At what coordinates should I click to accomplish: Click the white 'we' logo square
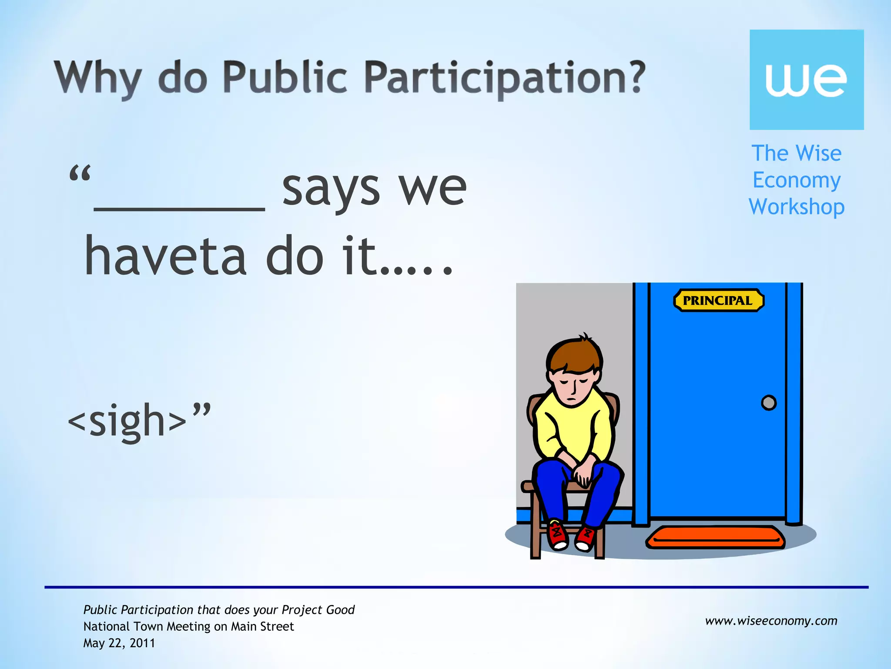click(x=806, y=80)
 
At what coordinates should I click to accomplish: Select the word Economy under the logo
click(x=797, y=180)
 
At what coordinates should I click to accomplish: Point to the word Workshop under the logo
click(x=797, y=207)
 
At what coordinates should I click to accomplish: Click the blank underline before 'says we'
click(x=179, y=208)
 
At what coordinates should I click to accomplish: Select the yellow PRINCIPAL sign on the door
click(x=718, y=301)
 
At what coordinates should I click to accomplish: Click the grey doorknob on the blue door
click(x=769, y=402)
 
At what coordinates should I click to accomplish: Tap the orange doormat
click(x=716, y=537)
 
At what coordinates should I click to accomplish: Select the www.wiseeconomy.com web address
click(x=771, y=621)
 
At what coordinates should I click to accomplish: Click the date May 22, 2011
click(x=119, y=643)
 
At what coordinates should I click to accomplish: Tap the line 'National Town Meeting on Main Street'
click(x=188, y=626)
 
